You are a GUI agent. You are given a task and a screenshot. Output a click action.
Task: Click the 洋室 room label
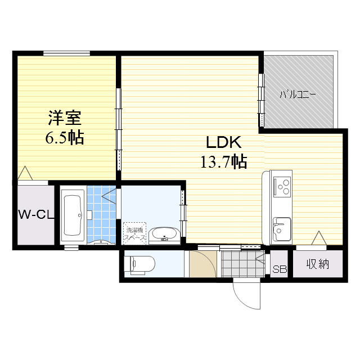pos(65,118)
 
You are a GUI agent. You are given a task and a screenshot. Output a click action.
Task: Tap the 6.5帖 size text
pos(65,137)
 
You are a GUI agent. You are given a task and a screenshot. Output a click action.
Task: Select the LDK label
pos(223,142)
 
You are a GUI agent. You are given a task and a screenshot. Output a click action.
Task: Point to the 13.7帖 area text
pos(223,162)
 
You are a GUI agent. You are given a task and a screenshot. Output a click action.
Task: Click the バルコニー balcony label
pos(298,94)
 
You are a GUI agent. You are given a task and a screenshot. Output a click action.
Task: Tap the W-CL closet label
pos(35,214)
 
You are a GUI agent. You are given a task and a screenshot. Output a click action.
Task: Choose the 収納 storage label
pos(318,264)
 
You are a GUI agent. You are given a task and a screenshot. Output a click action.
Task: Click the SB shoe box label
pos(279,269)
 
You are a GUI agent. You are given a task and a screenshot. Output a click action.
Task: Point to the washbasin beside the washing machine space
pos(164,234)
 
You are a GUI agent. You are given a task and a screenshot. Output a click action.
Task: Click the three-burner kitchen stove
pos(281,186)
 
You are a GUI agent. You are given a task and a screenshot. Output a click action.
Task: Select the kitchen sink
pos(281,228)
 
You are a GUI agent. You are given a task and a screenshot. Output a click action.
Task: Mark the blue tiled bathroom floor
pos(101,214)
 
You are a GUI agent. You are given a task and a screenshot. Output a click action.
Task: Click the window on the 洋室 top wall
pos(67,53)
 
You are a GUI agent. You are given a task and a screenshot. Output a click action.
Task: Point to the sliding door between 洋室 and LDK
pos(118,129)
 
